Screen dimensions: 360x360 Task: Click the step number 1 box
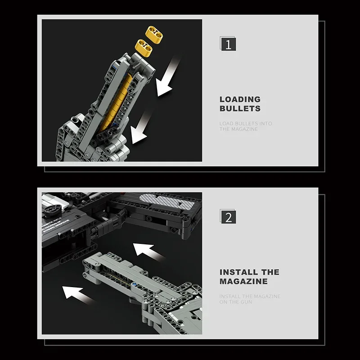tap(228, 45)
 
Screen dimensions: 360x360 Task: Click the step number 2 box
tap(228, 217)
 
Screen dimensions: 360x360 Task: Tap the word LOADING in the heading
tap(240, 99)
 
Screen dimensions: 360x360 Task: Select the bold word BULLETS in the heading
tap(240, 108)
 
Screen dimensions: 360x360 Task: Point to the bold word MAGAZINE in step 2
tap(243, 281)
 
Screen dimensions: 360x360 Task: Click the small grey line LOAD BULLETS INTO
tap(246, 123)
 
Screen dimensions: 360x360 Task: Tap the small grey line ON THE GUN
tap(236, 302)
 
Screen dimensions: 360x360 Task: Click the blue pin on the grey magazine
tap(134, 285)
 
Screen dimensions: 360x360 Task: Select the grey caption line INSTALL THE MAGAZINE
tap(250, 296)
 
